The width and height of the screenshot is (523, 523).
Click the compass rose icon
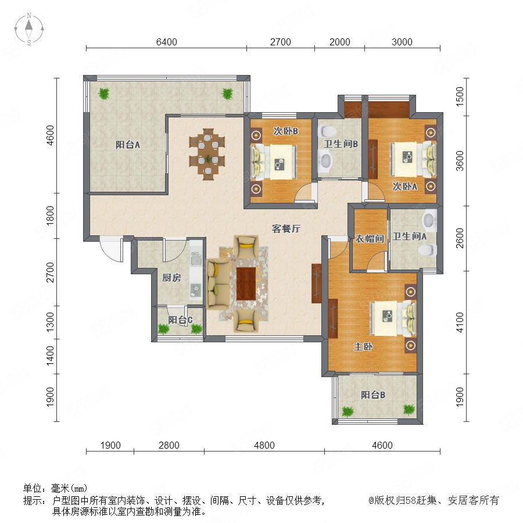[x=29, y=29]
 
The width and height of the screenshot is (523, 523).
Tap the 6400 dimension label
[x=166, y=42]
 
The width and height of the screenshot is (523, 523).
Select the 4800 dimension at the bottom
[x=264, y=445]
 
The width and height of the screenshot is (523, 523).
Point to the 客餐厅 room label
[x=286, y=228]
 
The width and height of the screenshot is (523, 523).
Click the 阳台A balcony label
[x=128, y=145]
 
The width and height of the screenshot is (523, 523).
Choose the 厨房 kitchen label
[x=172, y=277]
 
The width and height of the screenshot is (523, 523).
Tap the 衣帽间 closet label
[x=370, y=238]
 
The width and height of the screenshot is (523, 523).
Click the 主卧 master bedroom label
[x=363, y=346]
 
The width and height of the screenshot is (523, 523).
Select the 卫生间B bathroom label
[x=341, y=144]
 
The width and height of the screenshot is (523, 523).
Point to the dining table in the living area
[x=207, y=155]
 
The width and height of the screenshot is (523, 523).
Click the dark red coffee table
[x=246, y=284]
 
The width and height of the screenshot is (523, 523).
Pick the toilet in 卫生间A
[x=428, y=249]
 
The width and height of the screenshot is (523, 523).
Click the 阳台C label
[x=180, y=320]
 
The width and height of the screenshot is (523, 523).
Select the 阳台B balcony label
[x=373, y=395]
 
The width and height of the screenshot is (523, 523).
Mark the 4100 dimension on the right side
[x=460, y=322]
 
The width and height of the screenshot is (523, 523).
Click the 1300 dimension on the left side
[x=50, y=322]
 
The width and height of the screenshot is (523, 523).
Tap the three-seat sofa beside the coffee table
[x=218, y=284]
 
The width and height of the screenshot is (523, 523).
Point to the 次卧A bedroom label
[x=404, y=186]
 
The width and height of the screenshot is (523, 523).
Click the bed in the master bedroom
[x=393, y=318]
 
